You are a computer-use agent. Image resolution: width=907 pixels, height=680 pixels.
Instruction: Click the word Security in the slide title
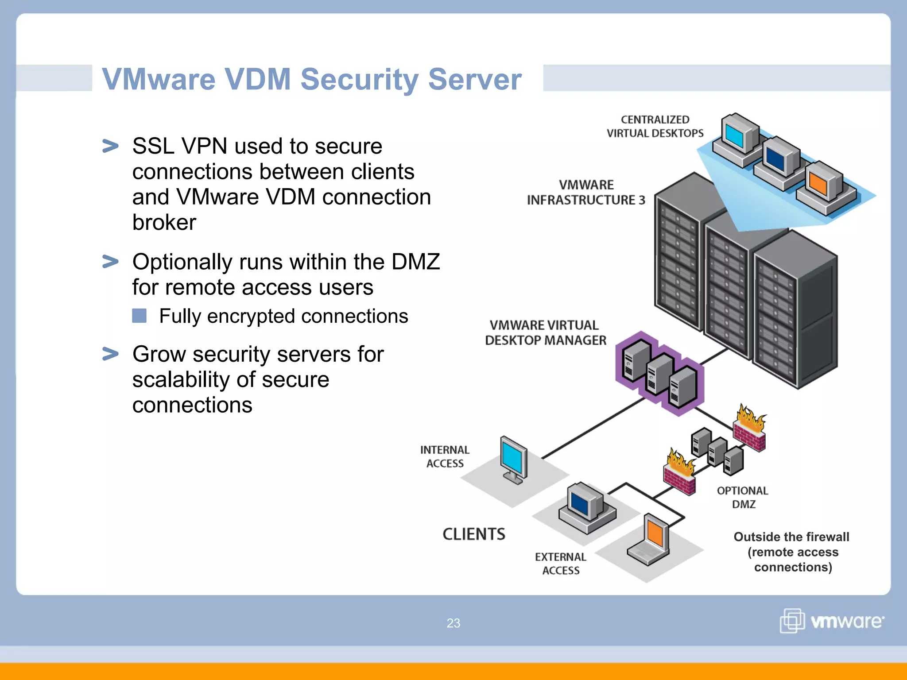[359, 80]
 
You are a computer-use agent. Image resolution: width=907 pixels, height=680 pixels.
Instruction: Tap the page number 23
[453, 623]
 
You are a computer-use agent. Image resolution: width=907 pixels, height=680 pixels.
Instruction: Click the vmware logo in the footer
[832, 621]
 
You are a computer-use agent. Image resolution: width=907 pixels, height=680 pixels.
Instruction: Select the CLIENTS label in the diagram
[474, 534]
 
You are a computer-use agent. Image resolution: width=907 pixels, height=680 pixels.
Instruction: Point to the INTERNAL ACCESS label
[445, 456]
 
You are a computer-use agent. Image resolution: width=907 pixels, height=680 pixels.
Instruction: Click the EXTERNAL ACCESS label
[561, 564]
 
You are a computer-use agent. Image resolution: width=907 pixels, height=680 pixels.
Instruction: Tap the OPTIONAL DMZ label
[743, 497]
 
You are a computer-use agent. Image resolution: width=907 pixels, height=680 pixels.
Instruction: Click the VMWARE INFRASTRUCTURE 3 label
[586, 193]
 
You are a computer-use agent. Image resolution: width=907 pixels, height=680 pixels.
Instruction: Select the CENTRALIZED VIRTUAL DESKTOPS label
[655, 127]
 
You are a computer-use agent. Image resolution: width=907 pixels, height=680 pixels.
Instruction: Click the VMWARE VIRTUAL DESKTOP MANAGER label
[545, 332]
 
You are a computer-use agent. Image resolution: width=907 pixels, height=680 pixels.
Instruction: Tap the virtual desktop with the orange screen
[823, 186]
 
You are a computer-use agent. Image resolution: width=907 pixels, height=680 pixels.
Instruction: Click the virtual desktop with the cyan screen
[737, 135]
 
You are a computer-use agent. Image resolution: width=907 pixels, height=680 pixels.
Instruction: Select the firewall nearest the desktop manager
[750, 429]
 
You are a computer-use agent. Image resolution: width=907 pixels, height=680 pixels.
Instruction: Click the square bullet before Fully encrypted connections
[139, 316]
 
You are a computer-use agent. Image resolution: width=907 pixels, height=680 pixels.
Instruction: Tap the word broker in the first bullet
[164, 222]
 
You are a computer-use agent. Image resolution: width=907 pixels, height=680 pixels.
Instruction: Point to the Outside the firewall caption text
[792, 552]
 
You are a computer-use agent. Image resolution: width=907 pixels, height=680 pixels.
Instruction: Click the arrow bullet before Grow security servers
[110, 354]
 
